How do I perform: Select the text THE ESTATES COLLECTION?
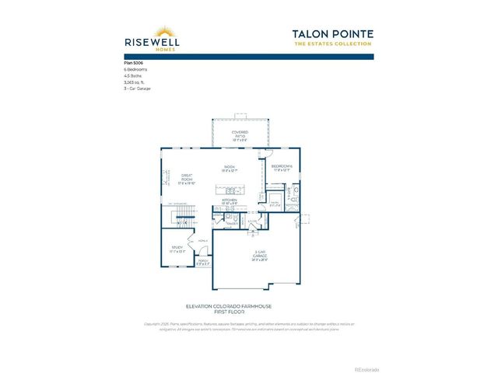[333, 44]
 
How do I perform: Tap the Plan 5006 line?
[135, 62]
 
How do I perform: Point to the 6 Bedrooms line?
[137, 69]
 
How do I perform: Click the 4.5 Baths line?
[134, 76]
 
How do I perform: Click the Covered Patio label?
[240, 135]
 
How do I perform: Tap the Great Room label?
[187, 179]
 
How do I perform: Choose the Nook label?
[230, 169]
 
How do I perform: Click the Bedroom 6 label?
[281, 167]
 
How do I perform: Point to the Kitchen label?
[230, 201]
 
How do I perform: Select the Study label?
[177, 249]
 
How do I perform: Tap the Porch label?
[203, 263]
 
